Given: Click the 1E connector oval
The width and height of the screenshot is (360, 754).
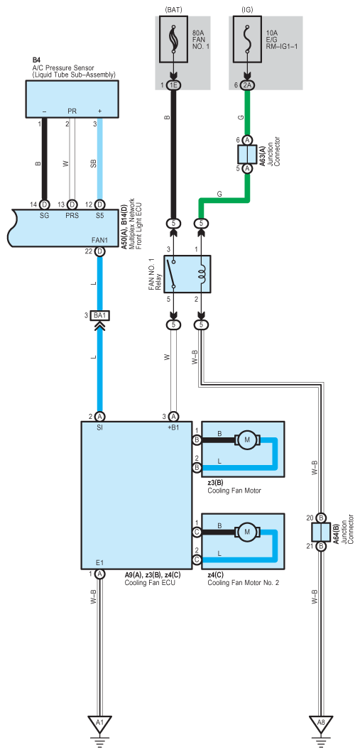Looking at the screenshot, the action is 173,85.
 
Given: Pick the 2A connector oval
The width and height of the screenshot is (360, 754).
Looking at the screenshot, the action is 247,85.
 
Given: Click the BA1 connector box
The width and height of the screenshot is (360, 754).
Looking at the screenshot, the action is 102,315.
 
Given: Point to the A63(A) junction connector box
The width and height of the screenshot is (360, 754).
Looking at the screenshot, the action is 247,154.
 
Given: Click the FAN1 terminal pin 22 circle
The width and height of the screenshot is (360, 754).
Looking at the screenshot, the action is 100,251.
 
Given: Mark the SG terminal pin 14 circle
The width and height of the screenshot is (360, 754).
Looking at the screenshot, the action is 44,204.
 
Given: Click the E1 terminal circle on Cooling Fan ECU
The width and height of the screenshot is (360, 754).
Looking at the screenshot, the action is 100,574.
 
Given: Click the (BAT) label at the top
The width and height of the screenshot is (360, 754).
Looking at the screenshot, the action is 173,9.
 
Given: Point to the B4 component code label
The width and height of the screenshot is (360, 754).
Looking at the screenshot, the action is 36,60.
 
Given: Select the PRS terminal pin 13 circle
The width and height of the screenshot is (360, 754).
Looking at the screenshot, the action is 72,204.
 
